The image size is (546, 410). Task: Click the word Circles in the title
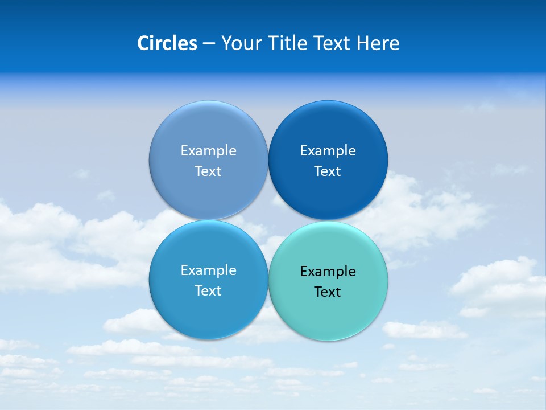click(167, 43)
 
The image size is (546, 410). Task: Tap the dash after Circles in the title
click(209, 44)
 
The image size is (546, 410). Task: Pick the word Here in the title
click(378, 43)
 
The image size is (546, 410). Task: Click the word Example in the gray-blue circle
click(208, 150)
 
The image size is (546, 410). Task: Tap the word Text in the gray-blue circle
click(208, 171)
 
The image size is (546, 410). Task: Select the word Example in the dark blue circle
click(328, 150)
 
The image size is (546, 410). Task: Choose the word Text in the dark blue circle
click(328, 171)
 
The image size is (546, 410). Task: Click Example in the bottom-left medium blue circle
click(208, 270)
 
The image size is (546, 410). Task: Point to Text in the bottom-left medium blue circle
click(208, 290)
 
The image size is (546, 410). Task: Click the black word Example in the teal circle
click(328, 271)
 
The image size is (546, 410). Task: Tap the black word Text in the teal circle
click(328, 292)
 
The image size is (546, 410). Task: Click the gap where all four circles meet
click(268, 220)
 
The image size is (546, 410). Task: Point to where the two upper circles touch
click(268, 160)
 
